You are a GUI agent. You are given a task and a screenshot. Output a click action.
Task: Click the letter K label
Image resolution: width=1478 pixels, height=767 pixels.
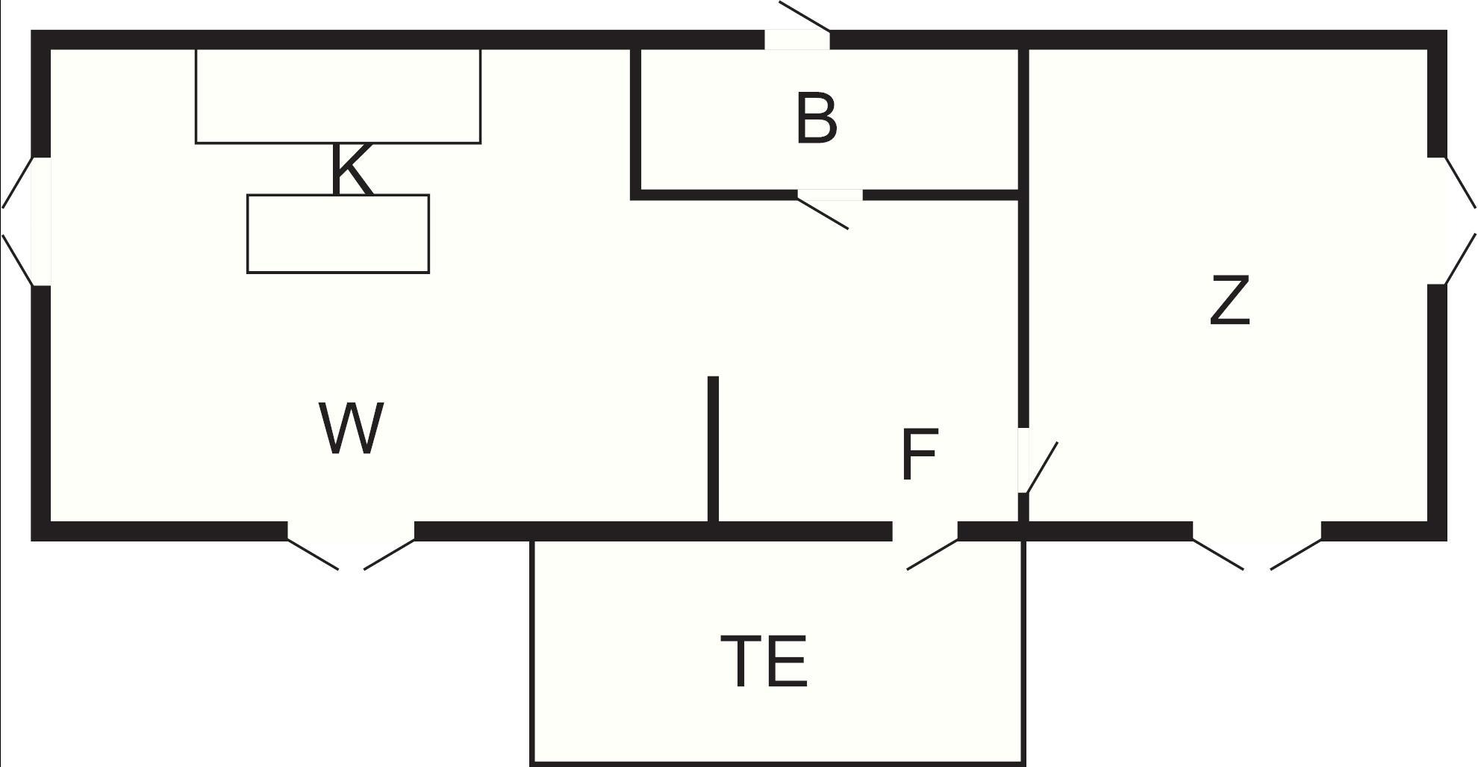click(x=351, y=170)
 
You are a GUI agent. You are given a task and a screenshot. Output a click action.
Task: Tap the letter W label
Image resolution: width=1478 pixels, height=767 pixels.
click(x=351, y=427)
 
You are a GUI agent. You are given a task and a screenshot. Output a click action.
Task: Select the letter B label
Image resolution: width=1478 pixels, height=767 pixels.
click(x=817, y=118)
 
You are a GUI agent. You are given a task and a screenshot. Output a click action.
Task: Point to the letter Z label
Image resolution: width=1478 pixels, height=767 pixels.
click(x=1229, y=299)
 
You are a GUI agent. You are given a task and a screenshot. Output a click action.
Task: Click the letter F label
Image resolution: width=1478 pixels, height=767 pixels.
click(x=919, y=455)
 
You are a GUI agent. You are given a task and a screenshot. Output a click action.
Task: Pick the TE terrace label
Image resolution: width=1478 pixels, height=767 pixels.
click(x=764, y=660)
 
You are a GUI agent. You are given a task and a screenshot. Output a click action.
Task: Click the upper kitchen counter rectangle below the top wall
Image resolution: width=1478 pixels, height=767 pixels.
click(x=338, y=96)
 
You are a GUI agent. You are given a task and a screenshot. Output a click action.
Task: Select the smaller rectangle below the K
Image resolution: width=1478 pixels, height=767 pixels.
click(x=338, y=234)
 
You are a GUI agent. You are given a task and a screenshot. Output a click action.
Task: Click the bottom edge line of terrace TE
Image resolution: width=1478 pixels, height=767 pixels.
click(x=777, y=763)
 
